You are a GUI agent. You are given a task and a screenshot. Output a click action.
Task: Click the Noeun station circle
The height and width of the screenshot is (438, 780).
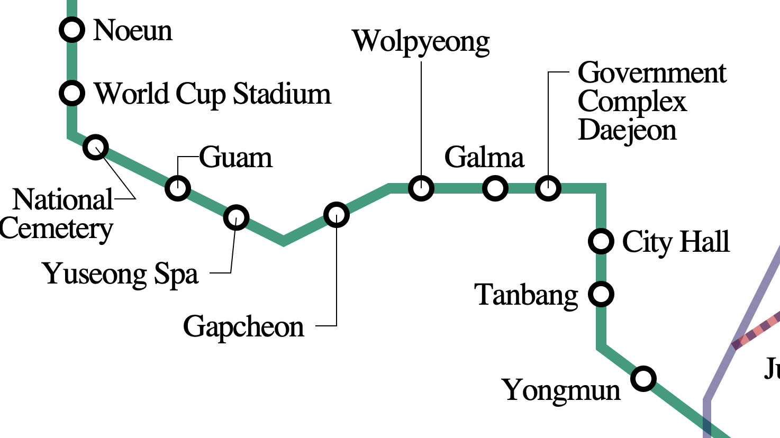[72, 30]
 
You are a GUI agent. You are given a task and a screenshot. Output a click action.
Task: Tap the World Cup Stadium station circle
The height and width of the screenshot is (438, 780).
[72, 93]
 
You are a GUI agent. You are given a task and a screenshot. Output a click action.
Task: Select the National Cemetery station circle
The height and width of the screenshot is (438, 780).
[96, 147]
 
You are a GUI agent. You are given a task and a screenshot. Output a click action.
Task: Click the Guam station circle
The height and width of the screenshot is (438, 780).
[178, 188]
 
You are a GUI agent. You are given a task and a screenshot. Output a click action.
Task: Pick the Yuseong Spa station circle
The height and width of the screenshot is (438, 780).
[236, 217]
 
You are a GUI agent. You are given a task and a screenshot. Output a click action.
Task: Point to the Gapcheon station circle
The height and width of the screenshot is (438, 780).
[337, 215]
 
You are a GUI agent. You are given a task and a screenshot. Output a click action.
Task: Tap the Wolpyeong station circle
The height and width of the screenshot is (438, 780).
[421, 188]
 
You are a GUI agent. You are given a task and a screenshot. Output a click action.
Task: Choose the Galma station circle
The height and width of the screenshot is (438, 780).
[495, 188]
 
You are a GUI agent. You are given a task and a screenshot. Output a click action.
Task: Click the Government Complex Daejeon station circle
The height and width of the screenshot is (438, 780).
[548, 188]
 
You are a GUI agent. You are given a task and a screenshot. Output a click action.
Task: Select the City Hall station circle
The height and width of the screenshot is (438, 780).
[601, 241]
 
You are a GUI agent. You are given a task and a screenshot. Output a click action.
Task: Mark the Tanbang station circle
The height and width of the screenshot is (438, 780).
[601, 294]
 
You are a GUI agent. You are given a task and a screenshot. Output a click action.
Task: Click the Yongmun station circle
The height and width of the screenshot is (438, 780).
[643, 378]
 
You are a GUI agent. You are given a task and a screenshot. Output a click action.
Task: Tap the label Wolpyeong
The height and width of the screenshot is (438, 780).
[421, 42]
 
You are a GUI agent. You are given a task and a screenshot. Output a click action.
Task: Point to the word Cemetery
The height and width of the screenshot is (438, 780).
[56, 230]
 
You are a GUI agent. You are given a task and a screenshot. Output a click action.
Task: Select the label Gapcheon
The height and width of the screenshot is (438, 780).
[243, 327]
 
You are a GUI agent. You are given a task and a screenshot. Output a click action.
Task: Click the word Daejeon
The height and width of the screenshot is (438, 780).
[627, 131]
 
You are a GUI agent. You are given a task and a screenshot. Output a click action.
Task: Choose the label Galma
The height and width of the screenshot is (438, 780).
[484, 158]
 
